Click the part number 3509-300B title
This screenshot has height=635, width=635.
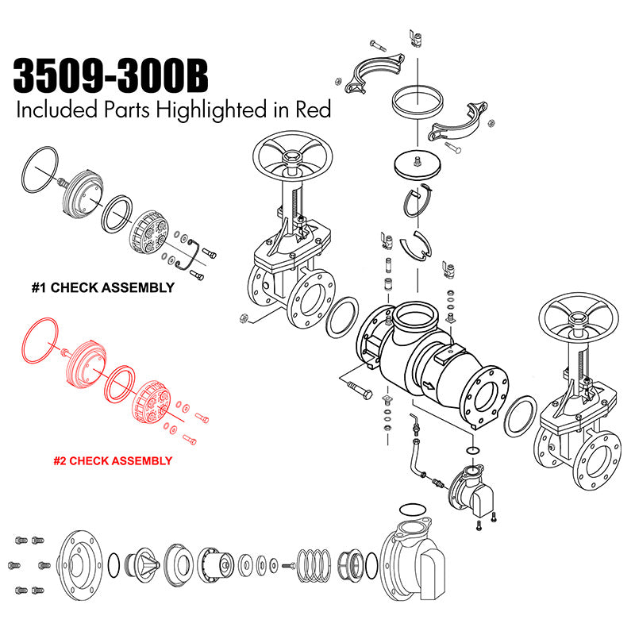tap(110, 75)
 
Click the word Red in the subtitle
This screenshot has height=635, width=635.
tap(313, 110)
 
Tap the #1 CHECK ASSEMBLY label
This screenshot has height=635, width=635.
tap(103, 287)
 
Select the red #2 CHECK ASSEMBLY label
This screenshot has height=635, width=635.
tap(113, 461)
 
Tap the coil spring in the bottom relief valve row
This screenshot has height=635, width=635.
tap(314, 565)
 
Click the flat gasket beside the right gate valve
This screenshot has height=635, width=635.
tap(508, 418)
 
